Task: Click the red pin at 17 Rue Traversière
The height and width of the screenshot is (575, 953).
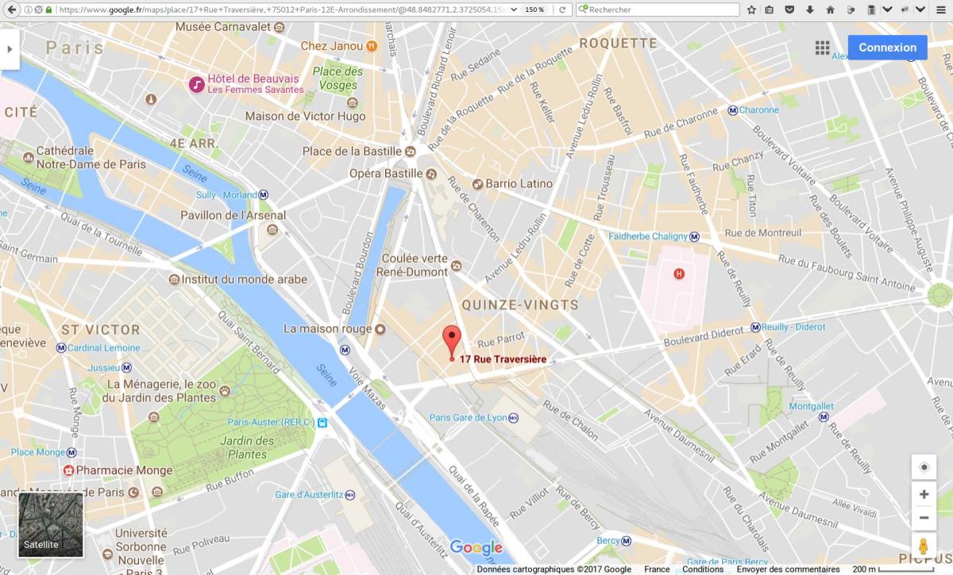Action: pyautogui.click(x=451, y=339)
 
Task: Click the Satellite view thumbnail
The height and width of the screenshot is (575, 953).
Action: pyautogui.click(x=51, y=524)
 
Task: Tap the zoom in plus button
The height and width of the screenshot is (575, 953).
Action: pyautogui.click(x=924, y=494)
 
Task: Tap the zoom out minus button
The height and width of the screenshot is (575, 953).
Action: pyautogui.click(x=924, y=518)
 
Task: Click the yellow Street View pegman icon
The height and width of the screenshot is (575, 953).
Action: pyautogui.click(x=924, y=547)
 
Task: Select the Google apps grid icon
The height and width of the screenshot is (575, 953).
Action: pyautogui.click(x=822, y=48)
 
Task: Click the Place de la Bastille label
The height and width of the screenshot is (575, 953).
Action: pyautogui.click(x=352, y=151)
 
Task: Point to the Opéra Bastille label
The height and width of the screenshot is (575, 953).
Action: pyautogui.click(x=386, y=173)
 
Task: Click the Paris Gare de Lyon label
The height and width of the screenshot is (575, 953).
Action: pyautogui.click(x=467, y=417)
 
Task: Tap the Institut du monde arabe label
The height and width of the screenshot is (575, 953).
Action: pyautogui.click(x=244, y=279)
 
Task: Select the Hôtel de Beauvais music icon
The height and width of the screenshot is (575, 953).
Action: pyautogui.click(x=196, y=83)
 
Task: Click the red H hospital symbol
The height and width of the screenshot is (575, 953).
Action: pyautogui.click(x=678, y=274)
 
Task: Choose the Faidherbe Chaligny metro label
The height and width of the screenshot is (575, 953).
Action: pyautogui.click(x=647, y=236)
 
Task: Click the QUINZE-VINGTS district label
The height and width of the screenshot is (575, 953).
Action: pyautogui.click(x=520, y=305)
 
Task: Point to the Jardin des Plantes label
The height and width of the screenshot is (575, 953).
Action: pyautogui.click(x=247, y=447)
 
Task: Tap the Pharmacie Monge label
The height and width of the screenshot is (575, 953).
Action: pyautogui.click(x=124, y=470)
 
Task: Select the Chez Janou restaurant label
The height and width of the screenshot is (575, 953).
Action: pyautogui.click(x=331, y=46)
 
